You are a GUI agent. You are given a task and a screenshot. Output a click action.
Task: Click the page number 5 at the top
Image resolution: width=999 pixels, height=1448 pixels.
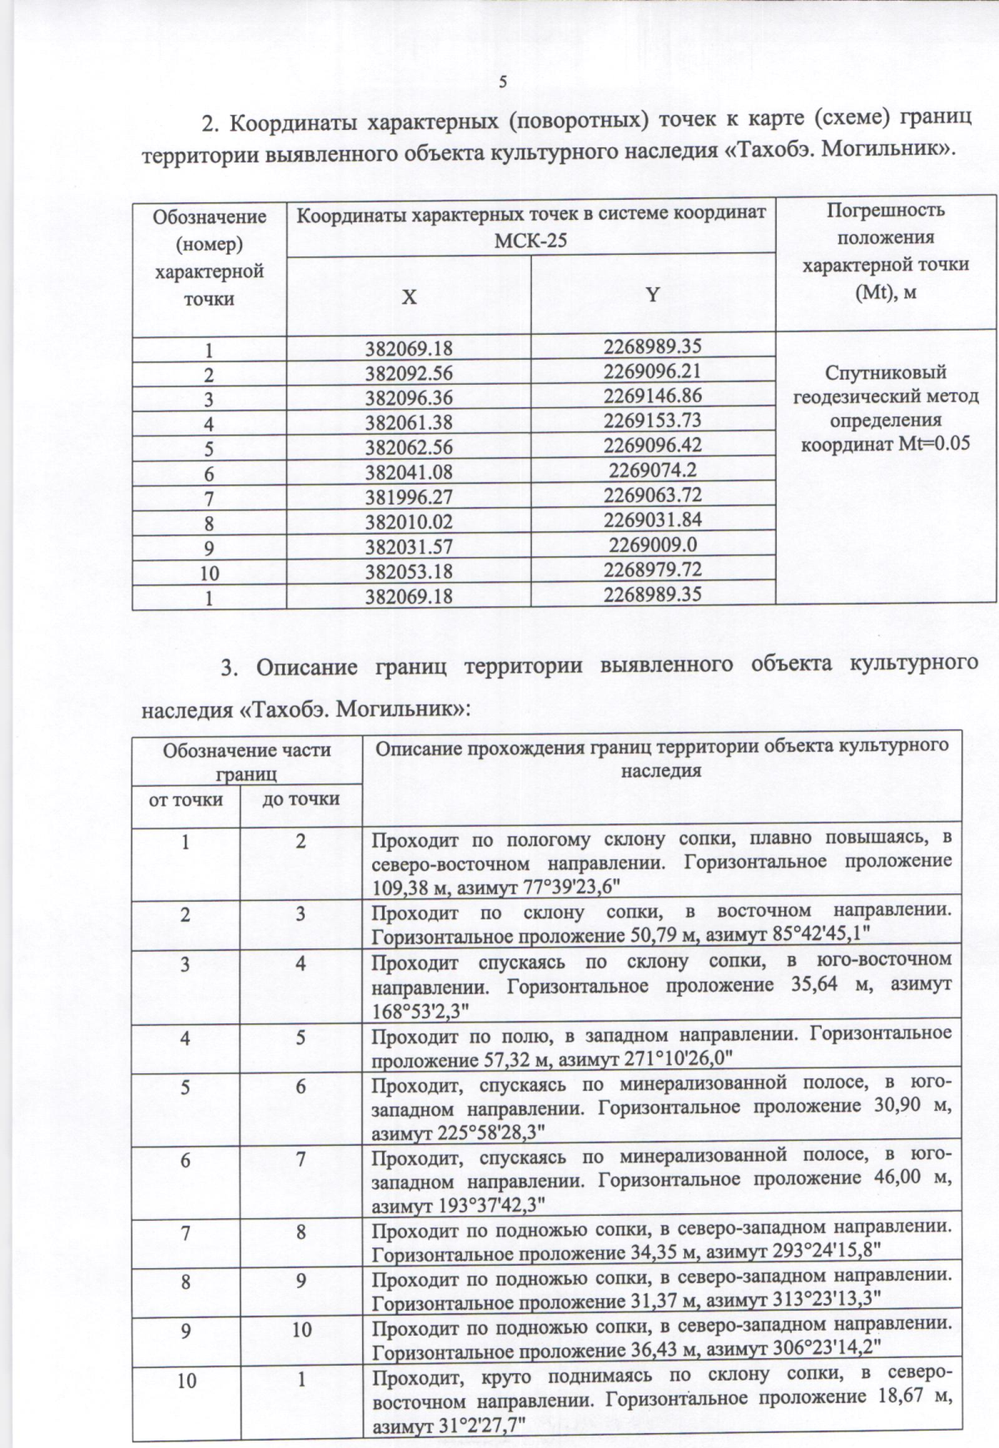(502, 82)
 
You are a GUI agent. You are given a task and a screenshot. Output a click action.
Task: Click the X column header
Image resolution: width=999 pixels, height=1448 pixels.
(409, 297)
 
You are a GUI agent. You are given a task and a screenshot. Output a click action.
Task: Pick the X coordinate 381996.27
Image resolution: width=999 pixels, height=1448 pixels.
(409, 498)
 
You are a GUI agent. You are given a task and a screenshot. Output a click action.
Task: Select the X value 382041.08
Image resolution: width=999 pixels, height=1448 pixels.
(409, 473)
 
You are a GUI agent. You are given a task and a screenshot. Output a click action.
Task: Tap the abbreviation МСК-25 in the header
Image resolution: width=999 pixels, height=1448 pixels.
(530, 241)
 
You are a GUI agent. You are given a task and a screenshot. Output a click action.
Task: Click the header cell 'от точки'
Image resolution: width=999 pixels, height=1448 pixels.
(186, 799)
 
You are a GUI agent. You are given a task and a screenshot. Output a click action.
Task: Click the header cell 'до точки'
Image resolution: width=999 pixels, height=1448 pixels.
(301, 799)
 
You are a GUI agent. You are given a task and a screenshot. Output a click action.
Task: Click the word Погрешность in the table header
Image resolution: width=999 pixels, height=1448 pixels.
(885, 210)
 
